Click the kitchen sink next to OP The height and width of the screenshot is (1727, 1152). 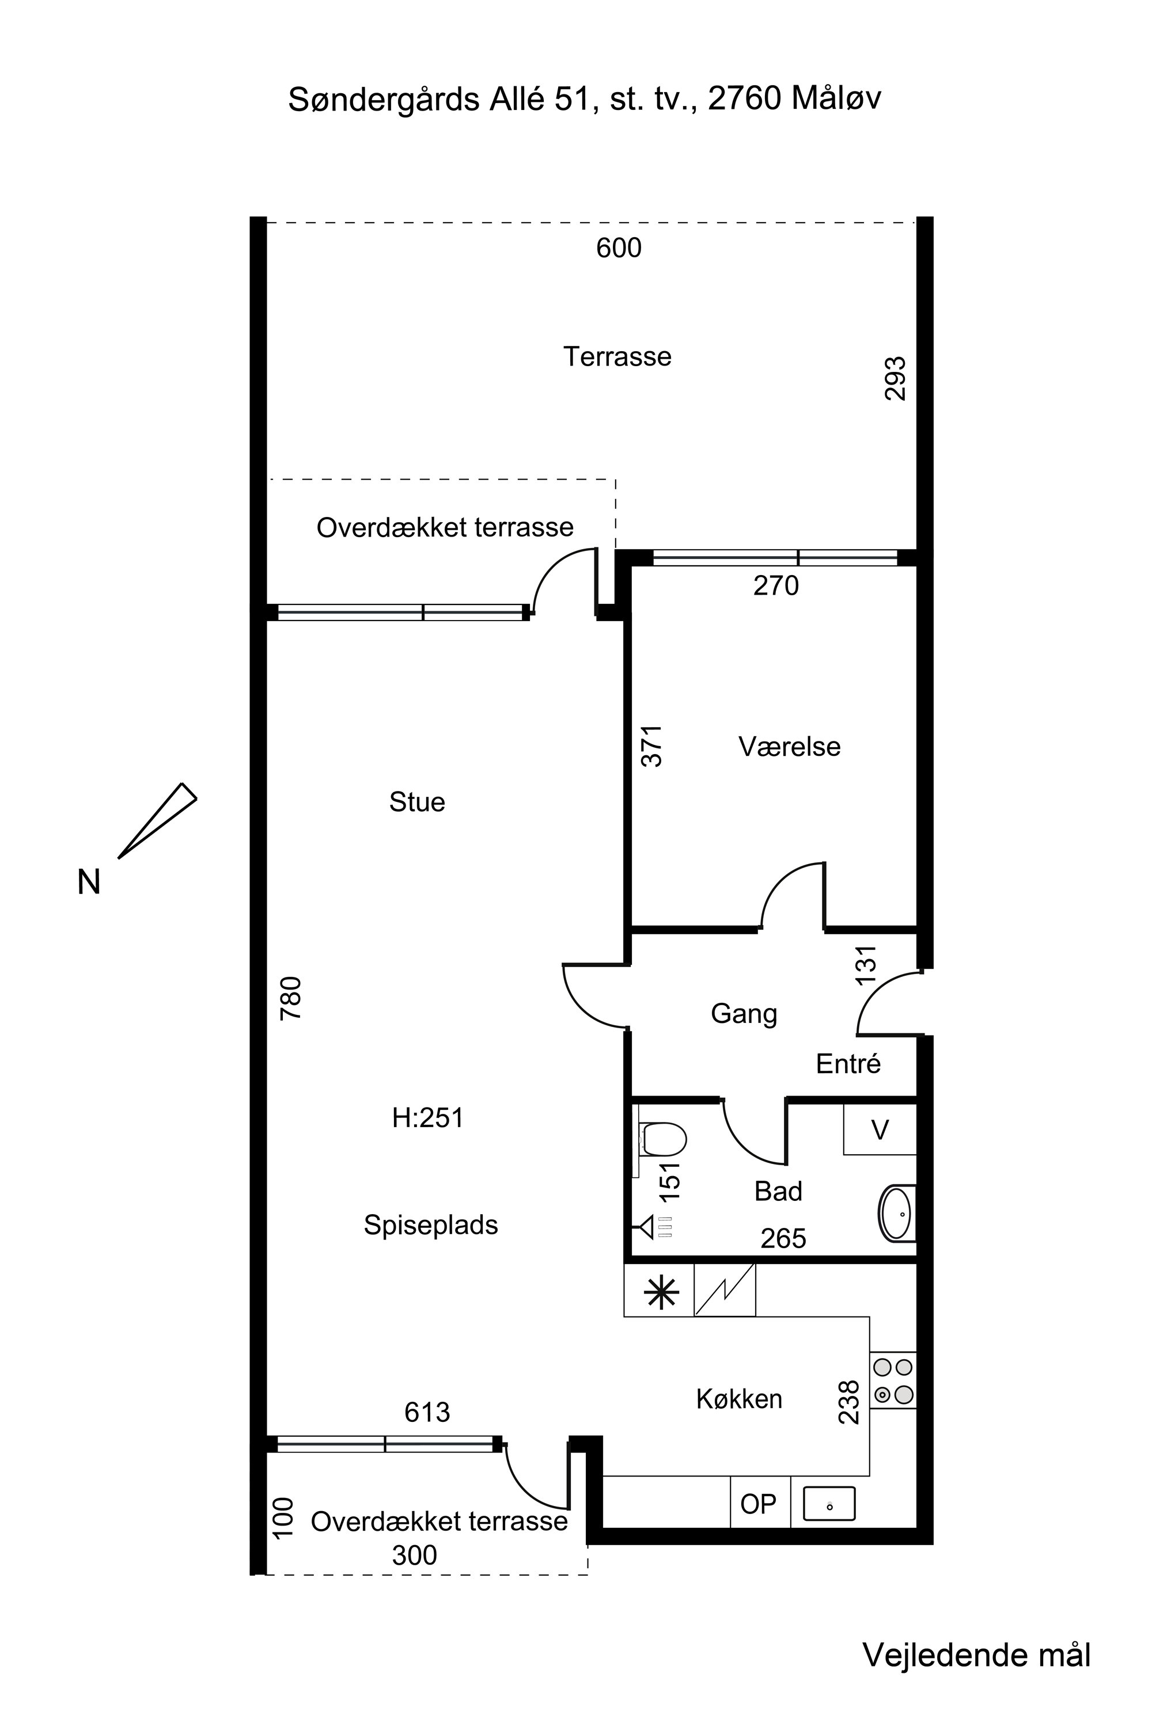[829, 1503]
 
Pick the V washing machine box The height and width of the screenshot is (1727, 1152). [880, 1129]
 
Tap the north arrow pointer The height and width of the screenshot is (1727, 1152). [157, 820]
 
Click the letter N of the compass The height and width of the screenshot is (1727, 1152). [89, 881]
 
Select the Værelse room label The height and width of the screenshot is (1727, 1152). [789, 747]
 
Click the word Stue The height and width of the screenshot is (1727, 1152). [417, 802]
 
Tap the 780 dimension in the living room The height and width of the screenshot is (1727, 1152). [291, 998]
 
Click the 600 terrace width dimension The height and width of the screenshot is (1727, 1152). [619, 248]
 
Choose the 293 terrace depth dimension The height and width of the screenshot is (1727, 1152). [895, 378]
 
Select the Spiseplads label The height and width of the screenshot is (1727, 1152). [431, 1225]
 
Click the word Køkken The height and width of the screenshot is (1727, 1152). [739, 1399]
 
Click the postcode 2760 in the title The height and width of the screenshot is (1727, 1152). [744, 99]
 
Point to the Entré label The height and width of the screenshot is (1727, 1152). [848, 1063]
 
